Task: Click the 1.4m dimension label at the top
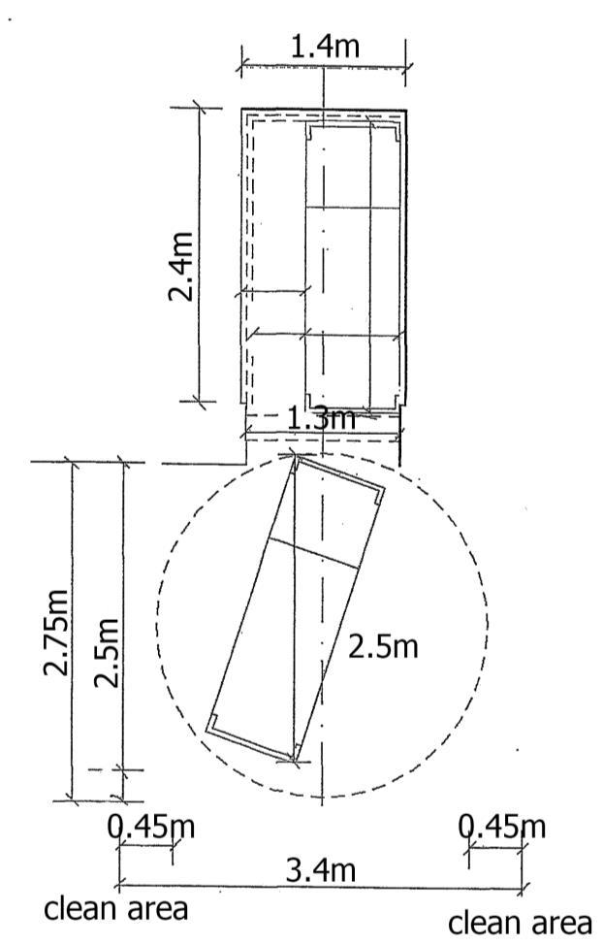325,46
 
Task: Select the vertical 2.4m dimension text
180,266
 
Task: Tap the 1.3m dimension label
321,418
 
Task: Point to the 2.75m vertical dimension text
56,632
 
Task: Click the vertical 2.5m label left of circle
107,653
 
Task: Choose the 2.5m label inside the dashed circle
383,647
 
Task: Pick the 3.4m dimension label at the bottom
321,871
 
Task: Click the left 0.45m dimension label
151,827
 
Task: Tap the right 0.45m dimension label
502,827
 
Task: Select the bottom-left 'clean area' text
116,908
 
